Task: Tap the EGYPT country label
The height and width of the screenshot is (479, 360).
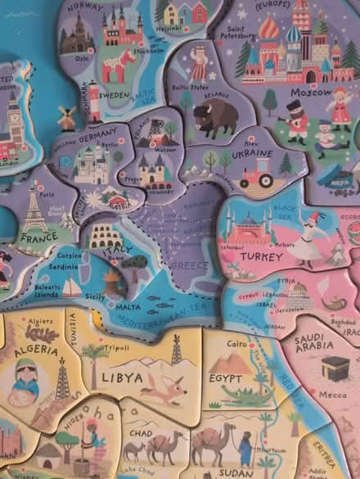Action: [x=225, y=378]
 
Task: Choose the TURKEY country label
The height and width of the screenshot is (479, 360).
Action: [x=239, y=256]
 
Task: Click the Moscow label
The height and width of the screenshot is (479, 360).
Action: [x=311, y=93]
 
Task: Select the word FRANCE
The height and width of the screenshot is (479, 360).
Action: [x=38, y=239]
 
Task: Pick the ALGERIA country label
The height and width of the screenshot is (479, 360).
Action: [x=36, y=351]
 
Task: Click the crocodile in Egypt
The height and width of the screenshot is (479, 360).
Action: [x=245, y=396]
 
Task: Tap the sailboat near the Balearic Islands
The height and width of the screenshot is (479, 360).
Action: [x=72, y=287]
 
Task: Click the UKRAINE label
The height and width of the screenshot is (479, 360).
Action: [x=251, y=153]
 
